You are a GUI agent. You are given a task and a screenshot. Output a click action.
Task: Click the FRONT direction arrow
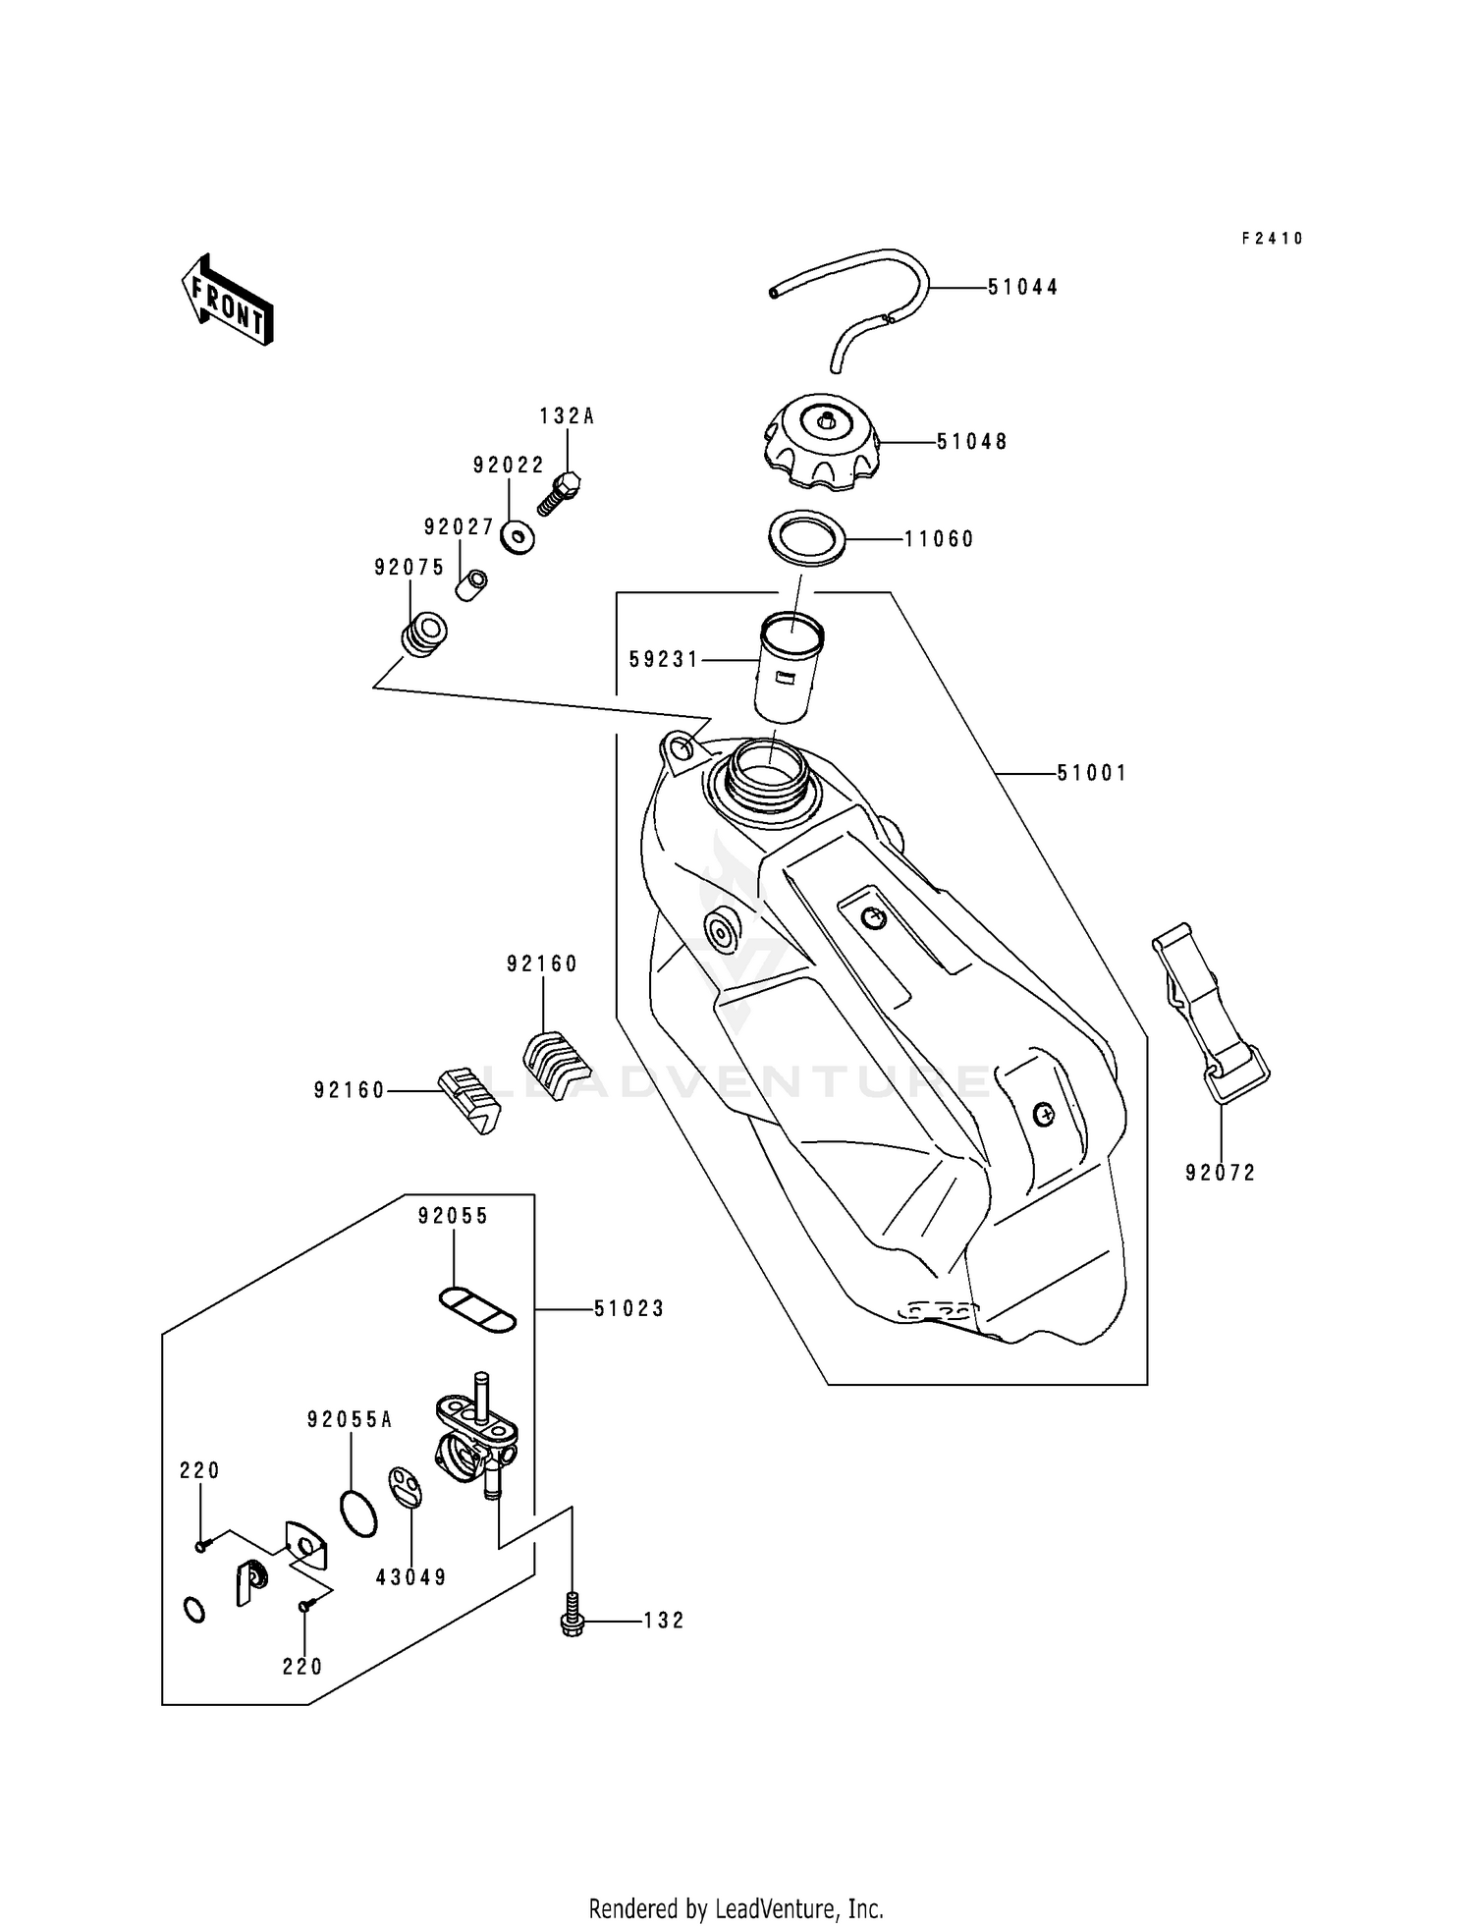click(x=227, y=301)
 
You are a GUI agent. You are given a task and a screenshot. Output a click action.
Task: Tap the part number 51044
click(x=1022, y=288)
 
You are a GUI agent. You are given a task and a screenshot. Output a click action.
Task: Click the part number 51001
click(x=1091, y=774)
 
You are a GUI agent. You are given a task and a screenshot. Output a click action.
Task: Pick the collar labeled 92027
click(x=471, y=585)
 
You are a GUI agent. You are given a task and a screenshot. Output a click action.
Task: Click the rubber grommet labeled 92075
click(x=424, y=633)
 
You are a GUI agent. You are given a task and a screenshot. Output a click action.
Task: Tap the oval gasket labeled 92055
click(x=477, y=1310)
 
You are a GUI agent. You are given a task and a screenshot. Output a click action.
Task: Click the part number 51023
click(x=628, y=1309)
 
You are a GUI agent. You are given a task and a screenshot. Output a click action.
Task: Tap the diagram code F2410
click(x=1272, y=239)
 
